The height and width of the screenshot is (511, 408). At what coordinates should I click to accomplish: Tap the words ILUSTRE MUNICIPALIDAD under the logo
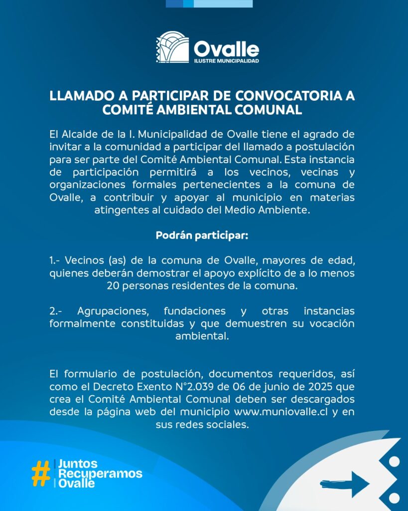click(226, 61)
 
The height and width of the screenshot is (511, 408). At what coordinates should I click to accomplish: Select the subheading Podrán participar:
click(202, 235)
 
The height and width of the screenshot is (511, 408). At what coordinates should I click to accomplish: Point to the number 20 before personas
click(113, 286)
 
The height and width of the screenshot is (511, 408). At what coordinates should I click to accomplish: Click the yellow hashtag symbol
click(40, 473)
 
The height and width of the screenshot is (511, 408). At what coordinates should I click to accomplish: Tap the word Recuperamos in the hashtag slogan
click(100, 473)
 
